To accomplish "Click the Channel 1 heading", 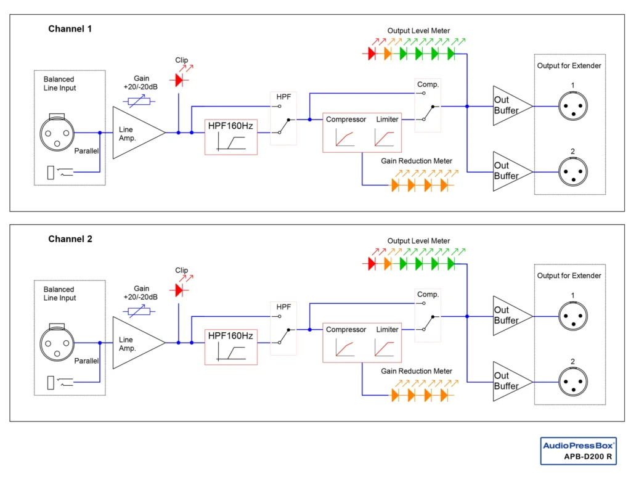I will point(70,29).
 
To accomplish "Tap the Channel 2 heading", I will point(70,239).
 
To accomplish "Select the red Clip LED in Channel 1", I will point(179,80).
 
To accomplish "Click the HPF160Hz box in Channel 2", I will point(230,346).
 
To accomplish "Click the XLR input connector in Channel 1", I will point(57,132).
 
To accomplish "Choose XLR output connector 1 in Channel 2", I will point(572,316).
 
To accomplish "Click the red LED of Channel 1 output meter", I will point(372,54).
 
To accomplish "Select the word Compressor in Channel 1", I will point(346,119).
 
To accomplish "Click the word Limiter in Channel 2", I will point(388,329).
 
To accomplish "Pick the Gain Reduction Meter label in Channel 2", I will point(416,371).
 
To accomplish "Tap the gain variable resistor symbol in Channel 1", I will point(141,101).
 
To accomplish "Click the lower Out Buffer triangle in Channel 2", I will point(510,381).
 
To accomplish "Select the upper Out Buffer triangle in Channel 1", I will point(510,105).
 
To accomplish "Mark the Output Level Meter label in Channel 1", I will point(418,30).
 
